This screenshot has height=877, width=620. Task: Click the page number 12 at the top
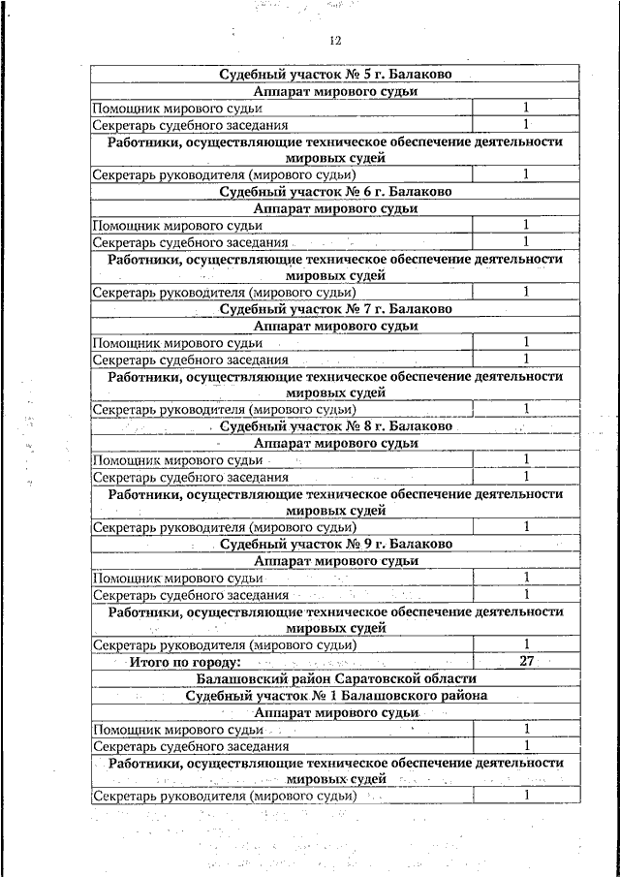click(x=335, y=40)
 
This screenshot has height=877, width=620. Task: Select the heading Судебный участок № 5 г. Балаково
click(x=335, y=74)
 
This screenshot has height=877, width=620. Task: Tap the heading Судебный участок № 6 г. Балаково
click(x=335, y=192)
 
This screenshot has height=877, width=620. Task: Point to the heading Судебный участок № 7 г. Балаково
click(x=335, y=309)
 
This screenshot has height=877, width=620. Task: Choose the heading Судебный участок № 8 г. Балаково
click(x=335, y=426)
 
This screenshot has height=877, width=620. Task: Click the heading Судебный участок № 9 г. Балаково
click(x=335, y=544)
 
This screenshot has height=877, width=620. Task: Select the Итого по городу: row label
click(x=184, y=662)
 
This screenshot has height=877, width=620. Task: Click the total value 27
click(x=527, y=662)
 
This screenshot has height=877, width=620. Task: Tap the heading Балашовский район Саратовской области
click(x=335, y=678)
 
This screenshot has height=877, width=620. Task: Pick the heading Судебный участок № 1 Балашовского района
click(x=335, y=695)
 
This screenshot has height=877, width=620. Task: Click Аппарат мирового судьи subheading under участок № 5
click(x=335, y=91)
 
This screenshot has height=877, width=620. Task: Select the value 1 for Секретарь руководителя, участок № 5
click(x=526, y=174)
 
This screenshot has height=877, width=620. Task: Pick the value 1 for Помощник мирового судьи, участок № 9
click(x=526, y=578)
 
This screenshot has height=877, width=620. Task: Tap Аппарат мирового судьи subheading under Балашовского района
click(x=335, y=712)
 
